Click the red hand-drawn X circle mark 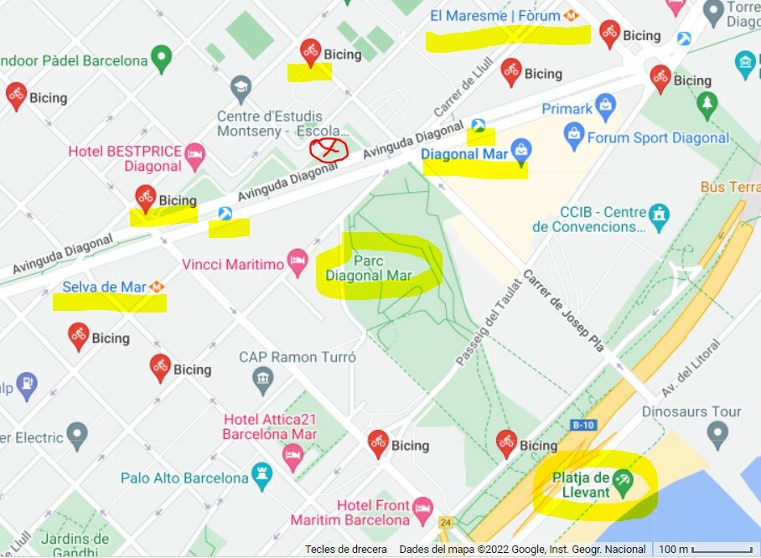point(329,150)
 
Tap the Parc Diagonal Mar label point(368,267)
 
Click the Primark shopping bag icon point(605,107)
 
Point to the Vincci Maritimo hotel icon point(298,263)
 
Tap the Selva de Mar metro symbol point(157,287)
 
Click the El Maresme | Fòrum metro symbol point(572,16)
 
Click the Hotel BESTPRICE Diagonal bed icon point(194,153)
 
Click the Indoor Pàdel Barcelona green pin point(161,59)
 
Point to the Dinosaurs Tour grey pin point(716,434)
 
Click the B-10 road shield point(582,426)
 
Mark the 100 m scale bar point(722,550)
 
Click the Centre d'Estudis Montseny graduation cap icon point(241,87)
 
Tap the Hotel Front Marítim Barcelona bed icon point(423,508)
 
